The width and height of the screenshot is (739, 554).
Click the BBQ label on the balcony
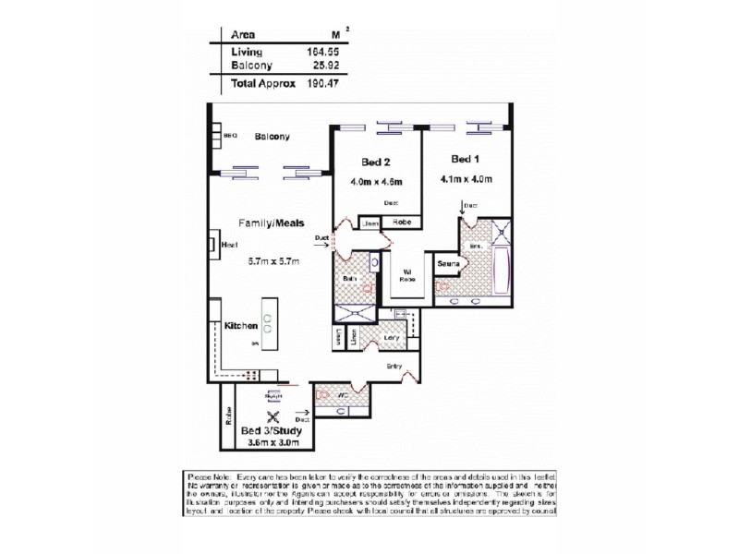(231, 136)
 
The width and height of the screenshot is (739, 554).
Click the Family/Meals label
(272, 223)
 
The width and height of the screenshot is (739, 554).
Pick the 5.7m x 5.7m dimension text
(273, 261)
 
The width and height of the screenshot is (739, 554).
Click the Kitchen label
(240, 326)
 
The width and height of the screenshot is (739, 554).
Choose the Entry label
(395, 367)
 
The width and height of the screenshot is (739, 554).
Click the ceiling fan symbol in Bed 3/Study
(273, 415)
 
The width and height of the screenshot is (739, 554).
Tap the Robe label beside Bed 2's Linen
(402, 223)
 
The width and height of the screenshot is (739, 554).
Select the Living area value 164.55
(320, 52)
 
